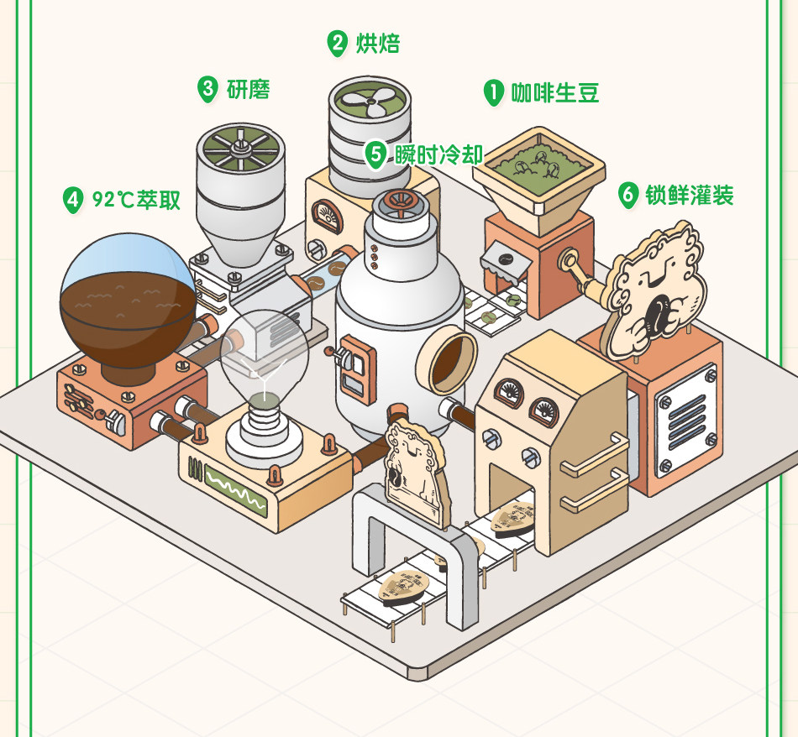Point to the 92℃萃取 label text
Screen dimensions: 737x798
pyautogui.click(x=136, y=200)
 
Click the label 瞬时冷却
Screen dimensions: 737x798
pyautogui.click(x=438, y=154)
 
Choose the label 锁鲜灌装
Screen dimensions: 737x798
pyautogui.click(x=689, y=196)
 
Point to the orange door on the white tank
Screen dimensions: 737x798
pyautogui.click(x=356, y=368)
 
